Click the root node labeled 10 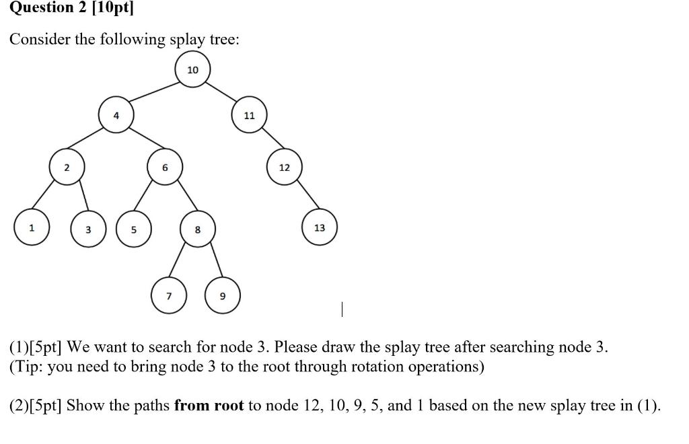pos(192,70)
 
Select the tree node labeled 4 pos(116,115)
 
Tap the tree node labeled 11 pos(249,115)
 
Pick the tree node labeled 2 pos(66,168)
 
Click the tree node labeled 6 pos(165,168)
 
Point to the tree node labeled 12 pos(284,168)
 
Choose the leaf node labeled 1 pos(31,228)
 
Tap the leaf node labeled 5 pos(133,229)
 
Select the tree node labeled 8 pos(197,229)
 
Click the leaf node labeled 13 pos(319,228)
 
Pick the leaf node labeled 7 pos(168,296)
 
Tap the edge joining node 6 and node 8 pos(181,198)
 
